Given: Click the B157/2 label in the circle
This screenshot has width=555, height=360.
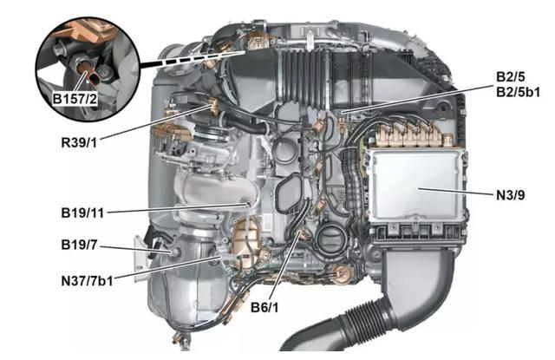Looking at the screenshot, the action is point(75,99).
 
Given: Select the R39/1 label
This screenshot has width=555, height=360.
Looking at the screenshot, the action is point(79,143).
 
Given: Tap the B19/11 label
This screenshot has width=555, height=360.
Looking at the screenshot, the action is point(82,213).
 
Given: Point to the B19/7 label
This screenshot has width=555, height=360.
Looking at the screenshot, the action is point(79,245).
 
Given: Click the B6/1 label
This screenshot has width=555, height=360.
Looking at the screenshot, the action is point(264,307).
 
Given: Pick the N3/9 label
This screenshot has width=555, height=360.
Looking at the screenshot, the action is point(511,194).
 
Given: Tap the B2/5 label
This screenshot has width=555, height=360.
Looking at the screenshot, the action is point(511,76).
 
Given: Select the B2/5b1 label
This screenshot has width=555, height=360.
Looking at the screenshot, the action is point(519,92).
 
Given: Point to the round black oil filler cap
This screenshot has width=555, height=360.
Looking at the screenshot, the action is point(330,239).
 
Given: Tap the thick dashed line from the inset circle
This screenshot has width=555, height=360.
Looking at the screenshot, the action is point(193,58).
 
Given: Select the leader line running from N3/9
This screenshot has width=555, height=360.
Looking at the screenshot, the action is point(456,192).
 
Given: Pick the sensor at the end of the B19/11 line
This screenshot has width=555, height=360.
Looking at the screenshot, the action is point(247,204).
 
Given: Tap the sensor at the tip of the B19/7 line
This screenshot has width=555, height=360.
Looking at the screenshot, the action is point(174,252).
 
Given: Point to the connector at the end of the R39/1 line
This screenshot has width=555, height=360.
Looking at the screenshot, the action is point(214,105).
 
